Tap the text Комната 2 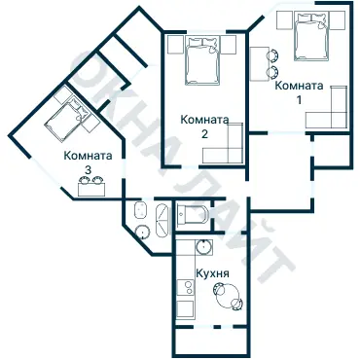(x=204, y=126)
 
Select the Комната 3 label (x=88, y=162)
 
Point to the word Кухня (x=212, y=274)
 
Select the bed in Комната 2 (x=204, y=61)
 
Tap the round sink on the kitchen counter (x=202, y=246)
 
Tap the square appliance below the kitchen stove (x=185, y=310)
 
